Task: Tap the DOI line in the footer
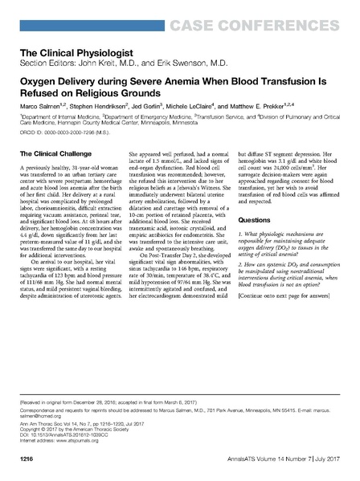[64, 437]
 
